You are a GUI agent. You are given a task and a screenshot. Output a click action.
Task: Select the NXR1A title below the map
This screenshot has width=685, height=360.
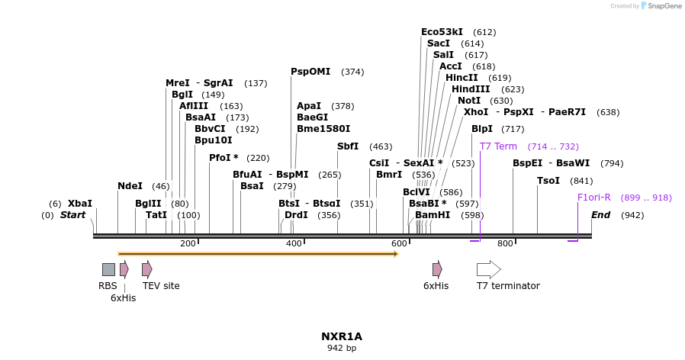341,336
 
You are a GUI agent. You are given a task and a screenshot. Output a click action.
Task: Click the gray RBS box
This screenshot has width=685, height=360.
108,269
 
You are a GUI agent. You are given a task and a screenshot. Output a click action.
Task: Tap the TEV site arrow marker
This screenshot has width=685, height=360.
146,269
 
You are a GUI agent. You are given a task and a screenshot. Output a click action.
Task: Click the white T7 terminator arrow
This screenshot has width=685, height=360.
488,269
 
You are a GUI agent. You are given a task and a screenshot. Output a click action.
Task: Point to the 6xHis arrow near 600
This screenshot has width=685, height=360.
437,269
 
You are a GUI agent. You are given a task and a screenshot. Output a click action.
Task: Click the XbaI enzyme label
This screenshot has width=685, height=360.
80,204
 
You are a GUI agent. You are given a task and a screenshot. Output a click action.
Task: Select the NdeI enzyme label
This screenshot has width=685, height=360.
130,186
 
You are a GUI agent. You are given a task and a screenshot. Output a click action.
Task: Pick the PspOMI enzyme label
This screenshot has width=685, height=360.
310,72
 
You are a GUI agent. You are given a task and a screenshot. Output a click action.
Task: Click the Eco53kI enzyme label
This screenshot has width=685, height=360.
442,32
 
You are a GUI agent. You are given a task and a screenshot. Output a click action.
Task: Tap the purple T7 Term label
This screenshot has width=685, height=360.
498,146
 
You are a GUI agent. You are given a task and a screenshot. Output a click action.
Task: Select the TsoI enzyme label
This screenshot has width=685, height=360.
548,181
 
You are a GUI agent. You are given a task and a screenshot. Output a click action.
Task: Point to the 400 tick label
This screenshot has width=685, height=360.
294,243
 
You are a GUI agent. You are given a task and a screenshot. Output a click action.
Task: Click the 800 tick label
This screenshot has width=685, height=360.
505,243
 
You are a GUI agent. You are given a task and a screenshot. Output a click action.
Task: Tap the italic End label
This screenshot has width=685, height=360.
600,215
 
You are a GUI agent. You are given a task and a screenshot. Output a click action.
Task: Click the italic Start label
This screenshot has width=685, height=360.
73,215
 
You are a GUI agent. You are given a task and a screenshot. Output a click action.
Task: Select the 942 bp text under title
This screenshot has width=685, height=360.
341,349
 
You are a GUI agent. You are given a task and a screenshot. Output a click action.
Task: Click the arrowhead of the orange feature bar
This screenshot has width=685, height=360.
396,253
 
